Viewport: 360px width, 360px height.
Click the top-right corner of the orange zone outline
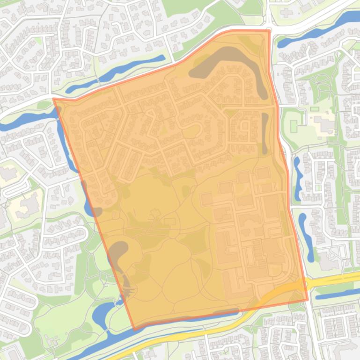pyautogui.click(x=270, y=31)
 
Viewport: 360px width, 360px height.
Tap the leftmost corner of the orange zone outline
pyautogui.click(x=54, y=99)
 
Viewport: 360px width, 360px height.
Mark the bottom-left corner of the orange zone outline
pyautogui.click(x=135, y=329)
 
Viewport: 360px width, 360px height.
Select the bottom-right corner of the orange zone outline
pyautogui.click(x=308, y=300)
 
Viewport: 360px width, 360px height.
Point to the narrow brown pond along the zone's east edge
pyautogui.click(x=265, y=133)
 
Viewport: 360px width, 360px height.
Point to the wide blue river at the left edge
pyautogui.click(x=19, y=121)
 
